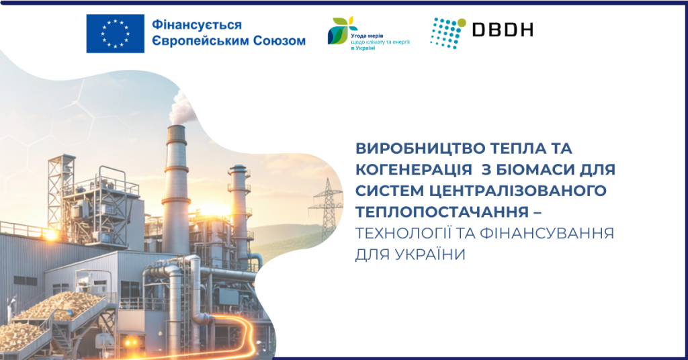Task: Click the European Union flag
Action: [116, 34]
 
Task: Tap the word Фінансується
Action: [197, 25]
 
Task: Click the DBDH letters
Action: [503, 30]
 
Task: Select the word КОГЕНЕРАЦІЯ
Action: [414, 169]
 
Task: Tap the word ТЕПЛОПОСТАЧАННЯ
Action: [442, 212]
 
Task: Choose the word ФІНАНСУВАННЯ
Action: [547, 233]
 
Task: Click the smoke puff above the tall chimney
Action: [182, 107]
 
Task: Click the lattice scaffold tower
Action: [61, 191]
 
